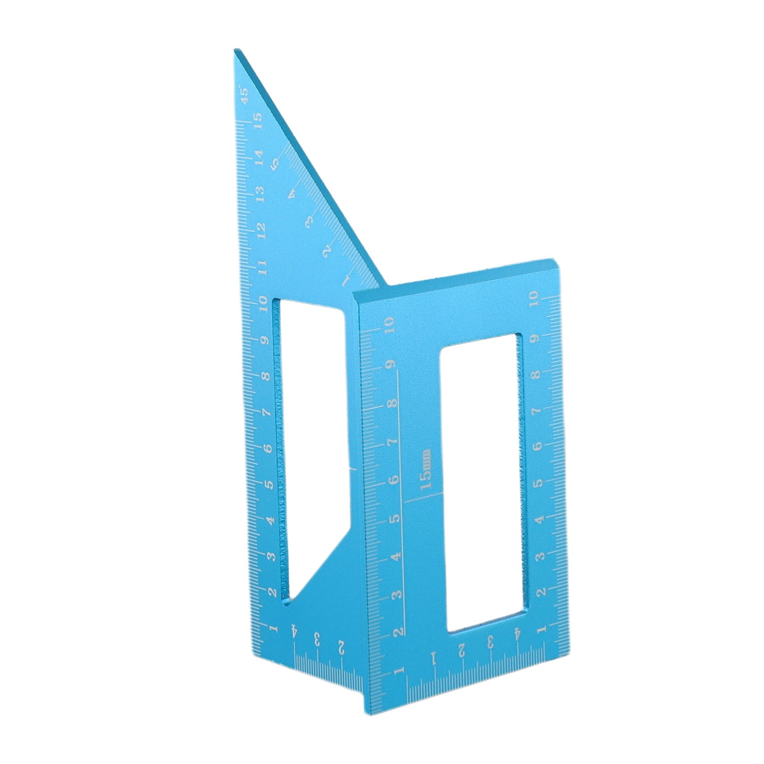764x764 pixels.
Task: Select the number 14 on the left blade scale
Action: (x=258, y=157)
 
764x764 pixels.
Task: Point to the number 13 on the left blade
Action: (x=260, y=193)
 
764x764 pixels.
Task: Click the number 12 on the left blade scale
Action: (x=261, y=230)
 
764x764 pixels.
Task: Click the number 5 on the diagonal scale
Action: (x=275, y=163)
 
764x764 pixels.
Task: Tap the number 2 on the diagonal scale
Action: (x=327, y=252)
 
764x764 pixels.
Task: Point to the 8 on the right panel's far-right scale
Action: (x=537, y=374)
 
